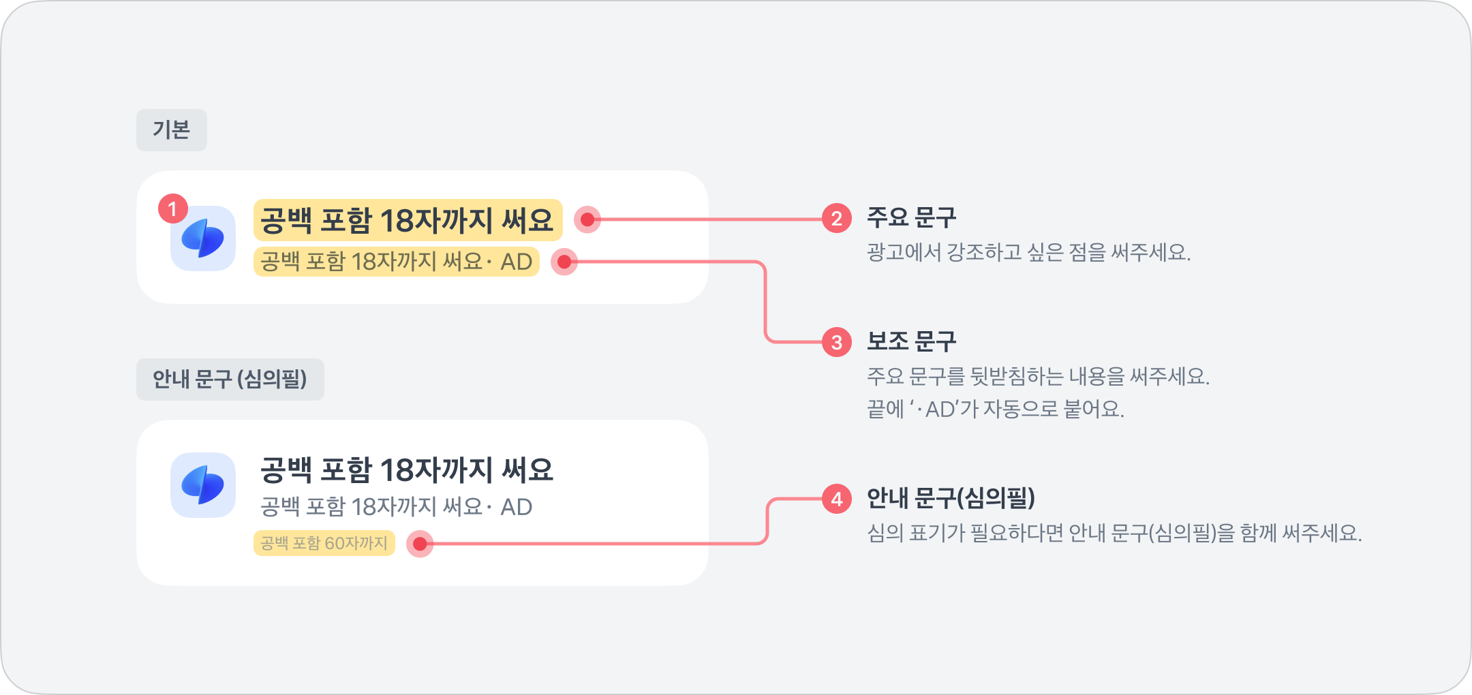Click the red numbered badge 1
click(172, 208)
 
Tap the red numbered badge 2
click(836, 219)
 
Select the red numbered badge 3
click(836, 342)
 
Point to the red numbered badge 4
click(836, 499)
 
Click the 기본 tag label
click(171, 129)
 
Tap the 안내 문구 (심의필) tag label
click(230, 379)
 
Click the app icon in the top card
click(203, 238)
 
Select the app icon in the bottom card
click(203, 485)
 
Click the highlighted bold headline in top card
click(408, 220)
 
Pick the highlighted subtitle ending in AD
click(396, 262)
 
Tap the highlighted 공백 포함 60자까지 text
click(324, 543)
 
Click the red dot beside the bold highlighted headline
click(587, 219)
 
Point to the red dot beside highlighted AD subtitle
click(564, 262)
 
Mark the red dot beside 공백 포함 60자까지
click(420, 544)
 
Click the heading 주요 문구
click(911, 218)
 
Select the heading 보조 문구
click(911, 341)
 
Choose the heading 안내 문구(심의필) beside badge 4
click(951, 498)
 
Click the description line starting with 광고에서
click(1028, 253)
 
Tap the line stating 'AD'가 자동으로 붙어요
click(995, 409)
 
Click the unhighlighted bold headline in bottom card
click(407, 469)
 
